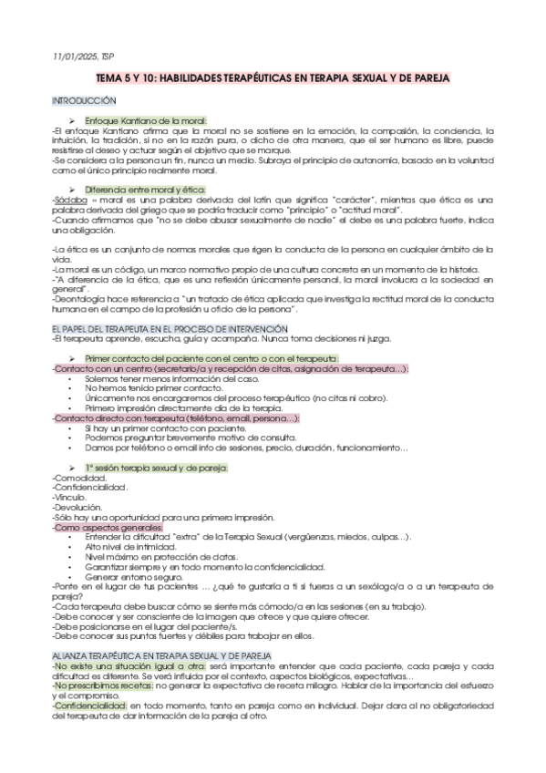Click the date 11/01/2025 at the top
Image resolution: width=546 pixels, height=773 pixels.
[75, 58]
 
